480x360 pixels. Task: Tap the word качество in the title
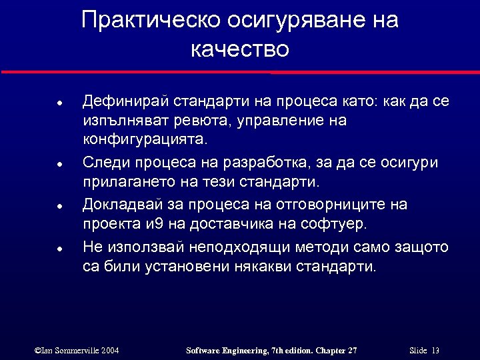tap(239, 49)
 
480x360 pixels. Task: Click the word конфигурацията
tap(145, 141)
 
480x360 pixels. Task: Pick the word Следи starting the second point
tap(101, 162)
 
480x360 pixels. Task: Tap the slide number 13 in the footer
tap(435, 350)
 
